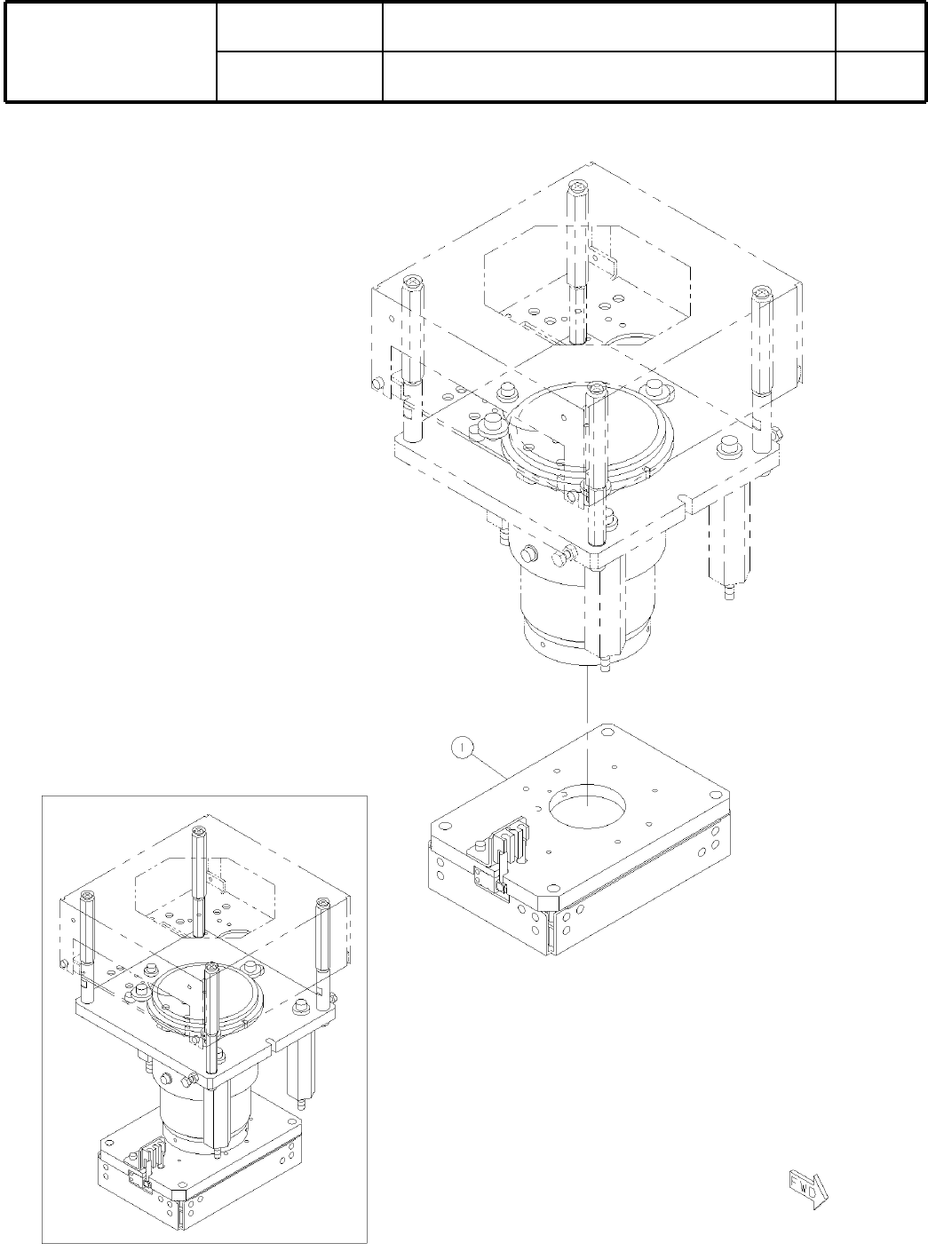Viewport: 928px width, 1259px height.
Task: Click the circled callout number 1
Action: tap(462, 748)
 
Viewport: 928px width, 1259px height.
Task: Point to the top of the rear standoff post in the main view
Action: tap(578, 187)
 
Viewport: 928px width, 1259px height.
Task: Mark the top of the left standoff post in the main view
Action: tap(412, 282)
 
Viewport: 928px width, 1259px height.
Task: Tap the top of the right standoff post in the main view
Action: tap(762, 293)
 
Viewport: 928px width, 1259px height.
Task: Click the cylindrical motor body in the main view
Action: tap(587, 613)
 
